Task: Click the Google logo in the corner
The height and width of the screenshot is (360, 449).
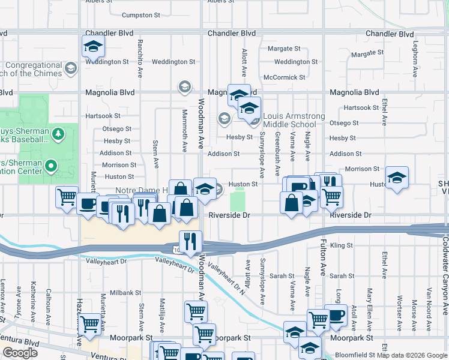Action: [x=20, y=353]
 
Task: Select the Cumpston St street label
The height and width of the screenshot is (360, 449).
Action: [x=141, y=15]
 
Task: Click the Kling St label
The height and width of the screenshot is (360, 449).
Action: [x=341, y=245]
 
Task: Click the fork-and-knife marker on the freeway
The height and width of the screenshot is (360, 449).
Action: [x=191, y=241]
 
